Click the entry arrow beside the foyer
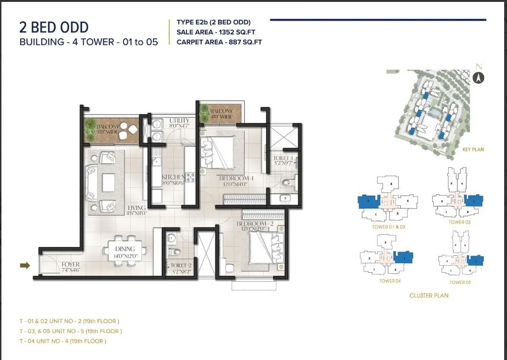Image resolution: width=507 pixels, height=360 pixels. coord(24,266)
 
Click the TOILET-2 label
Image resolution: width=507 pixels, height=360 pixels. coord(181,266)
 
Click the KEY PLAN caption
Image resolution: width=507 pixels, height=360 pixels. coord(473,150)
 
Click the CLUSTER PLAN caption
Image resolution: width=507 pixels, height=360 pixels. coord(428,296)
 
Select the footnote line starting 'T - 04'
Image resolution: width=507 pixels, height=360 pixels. coord(62,341)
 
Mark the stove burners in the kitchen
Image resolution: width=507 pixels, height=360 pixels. coord(191,178)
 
